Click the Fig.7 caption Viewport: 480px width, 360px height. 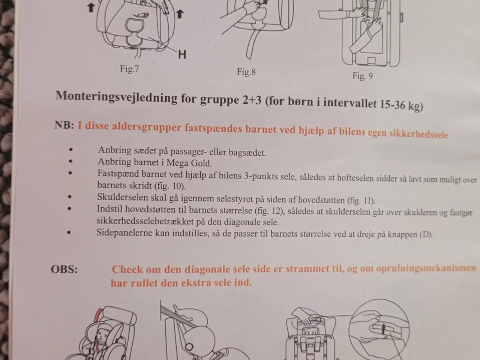pyautogui.click(x=129, y=69)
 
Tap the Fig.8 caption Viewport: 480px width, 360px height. pyautogui.click(x=246, y=72)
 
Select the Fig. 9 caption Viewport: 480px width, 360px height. pyautogui.click(x=363, y=76)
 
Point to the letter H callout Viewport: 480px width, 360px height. pyautogui.click(x=182, y=54)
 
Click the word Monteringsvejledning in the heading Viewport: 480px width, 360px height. pyautogui.click(x=116, y=97)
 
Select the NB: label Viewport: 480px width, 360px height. pyautogui.click(x=64, y=125)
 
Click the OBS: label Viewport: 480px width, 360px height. pyautogui.click(x=64, y=269)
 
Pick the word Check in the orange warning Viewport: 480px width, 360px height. pyautogui.click(x=127, y=269)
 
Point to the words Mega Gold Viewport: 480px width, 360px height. pyautogui.click(x=189, y=163)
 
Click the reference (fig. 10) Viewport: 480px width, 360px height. pyautogui.click(x=170, y=186)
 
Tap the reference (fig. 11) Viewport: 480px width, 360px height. pyautogui.click(x=361, y=200)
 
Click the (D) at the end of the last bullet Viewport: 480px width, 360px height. pyautogui.click(x=426, y=234)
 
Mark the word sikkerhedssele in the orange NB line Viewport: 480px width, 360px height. pyautogui.click(x=418, y=134)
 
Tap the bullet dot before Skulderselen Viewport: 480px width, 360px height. pyautogui.click(x=70, y=196)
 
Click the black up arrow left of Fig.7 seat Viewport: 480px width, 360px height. pyautogui.click(x=91, y=8)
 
